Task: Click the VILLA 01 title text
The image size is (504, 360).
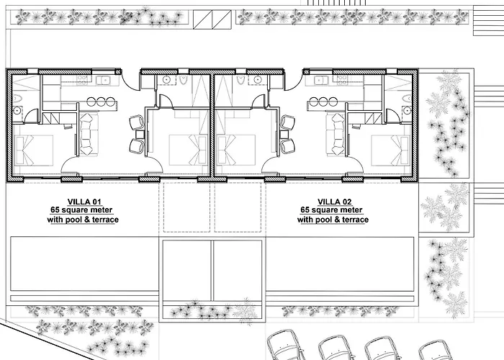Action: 84,202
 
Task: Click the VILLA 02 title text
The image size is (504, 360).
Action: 334,202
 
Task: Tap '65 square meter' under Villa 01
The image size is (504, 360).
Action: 81,210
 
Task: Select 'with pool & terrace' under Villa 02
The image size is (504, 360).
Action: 333,220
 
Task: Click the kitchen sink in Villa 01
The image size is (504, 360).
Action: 103,80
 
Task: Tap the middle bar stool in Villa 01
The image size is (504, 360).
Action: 101,102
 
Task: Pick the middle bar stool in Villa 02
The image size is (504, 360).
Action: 323,102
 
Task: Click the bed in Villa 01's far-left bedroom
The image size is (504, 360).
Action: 34,150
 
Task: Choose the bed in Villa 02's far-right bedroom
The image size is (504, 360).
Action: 390,150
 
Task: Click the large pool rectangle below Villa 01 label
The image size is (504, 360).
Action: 85,264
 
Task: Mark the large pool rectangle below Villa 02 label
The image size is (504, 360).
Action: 340,264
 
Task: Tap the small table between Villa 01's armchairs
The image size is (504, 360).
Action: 140,134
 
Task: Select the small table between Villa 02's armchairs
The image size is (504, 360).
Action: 284,134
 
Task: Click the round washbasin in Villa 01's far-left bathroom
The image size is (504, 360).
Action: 17,111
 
